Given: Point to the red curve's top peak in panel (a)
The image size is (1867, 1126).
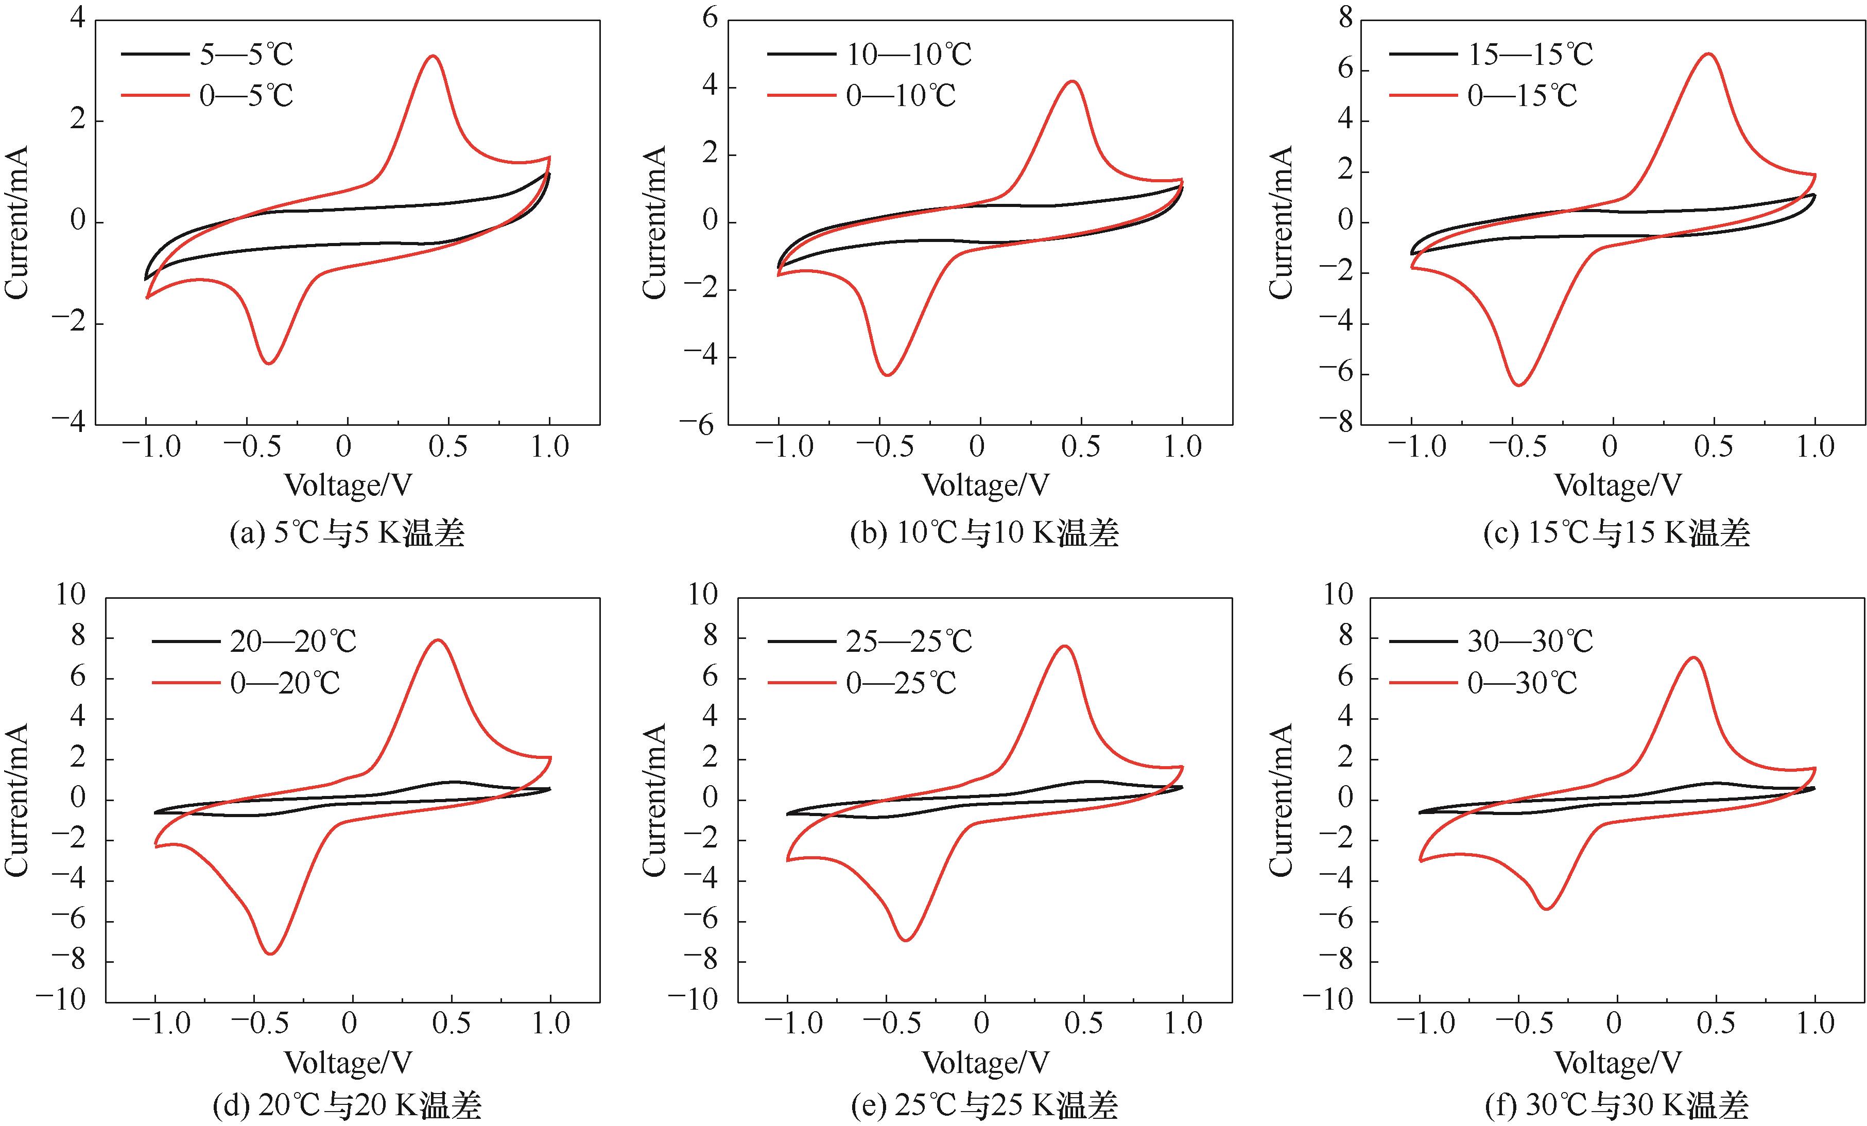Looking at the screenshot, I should (x=433, y=56).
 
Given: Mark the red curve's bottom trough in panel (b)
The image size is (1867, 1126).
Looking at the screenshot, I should (x=887, y=374).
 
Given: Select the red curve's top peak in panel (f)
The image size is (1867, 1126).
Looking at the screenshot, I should (x=1693, y=657).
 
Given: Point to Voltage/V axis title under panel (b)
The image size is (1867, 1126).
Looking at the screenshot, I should (x=985, y=486).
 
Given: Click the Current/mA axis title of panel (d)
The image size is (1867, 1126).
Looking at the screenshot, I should (x=16, y=800).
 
